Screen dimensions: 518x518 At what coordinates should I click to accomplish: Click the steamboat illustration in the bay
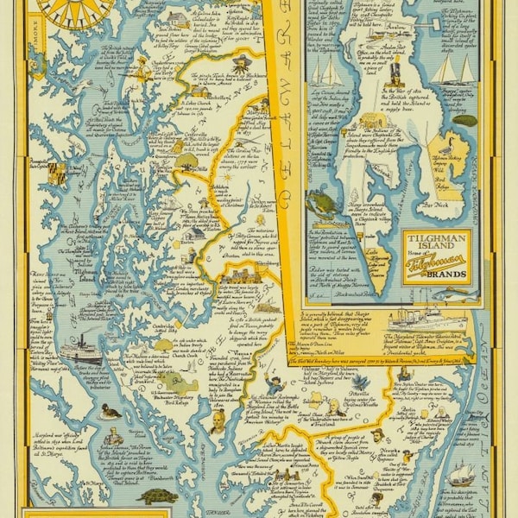coord(79,351)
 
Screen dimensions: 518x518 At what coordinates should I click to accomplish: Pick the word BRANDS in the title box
coord(437,275)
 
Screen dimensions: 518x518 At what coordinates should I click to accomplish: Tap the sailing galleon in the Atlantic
coord(461,474)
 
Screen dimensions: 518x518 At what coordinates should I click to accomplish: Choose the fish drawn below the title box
coord(455,294)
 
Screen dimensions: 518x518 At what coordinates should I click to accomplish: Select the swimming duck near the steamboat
coord(109,412)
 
